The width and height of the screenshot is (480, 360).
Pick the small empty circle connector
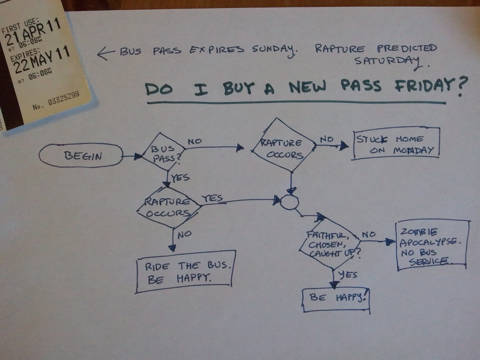tap(289, 202)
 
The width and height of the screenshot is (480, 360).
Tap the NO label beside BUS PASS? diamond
tap(195, 142)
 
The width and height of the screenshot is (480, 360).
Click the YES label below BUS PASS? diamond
tap(180, 178)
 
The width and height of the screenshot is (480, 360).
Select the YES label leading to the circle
tap(212, 198)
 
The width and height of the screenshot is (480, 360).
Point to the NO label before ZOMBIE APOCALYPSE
tap(368, 234)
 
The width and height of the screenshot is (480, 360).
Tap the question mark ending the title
tap(462, 86)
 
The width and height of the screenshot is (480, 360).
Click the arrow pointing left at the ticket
tap(106, 53)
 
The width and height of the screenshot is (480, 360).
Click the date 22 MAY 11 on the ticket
tap(41, 60)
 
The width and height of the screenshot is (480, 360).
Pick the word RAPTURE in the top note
tap(340, 49)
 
